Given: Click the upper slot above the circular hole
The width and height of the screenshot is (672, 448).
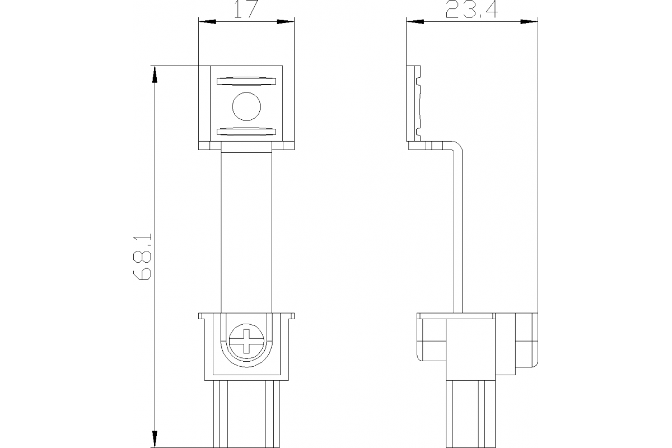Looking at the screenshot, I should [246, 81].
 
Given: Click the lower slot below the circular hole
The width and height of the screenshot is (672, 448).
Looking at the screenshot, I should [246, 132].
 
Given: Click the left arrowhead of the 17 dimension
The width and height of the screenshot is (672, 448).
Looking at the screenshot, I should [207, 22].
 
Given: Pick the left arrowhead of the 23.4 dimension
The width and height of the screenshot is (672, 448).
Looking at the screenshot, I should [415, 22].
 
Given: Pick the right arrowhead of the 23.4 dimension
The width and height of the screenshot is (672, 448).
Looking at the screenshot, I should [530, 22].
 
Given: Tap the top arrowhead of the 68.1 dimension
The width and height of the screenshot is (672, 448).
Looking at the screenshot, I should [154, 74].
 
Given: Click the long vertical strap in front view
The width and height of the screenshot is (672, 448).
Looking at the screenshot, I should [246, 230].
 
